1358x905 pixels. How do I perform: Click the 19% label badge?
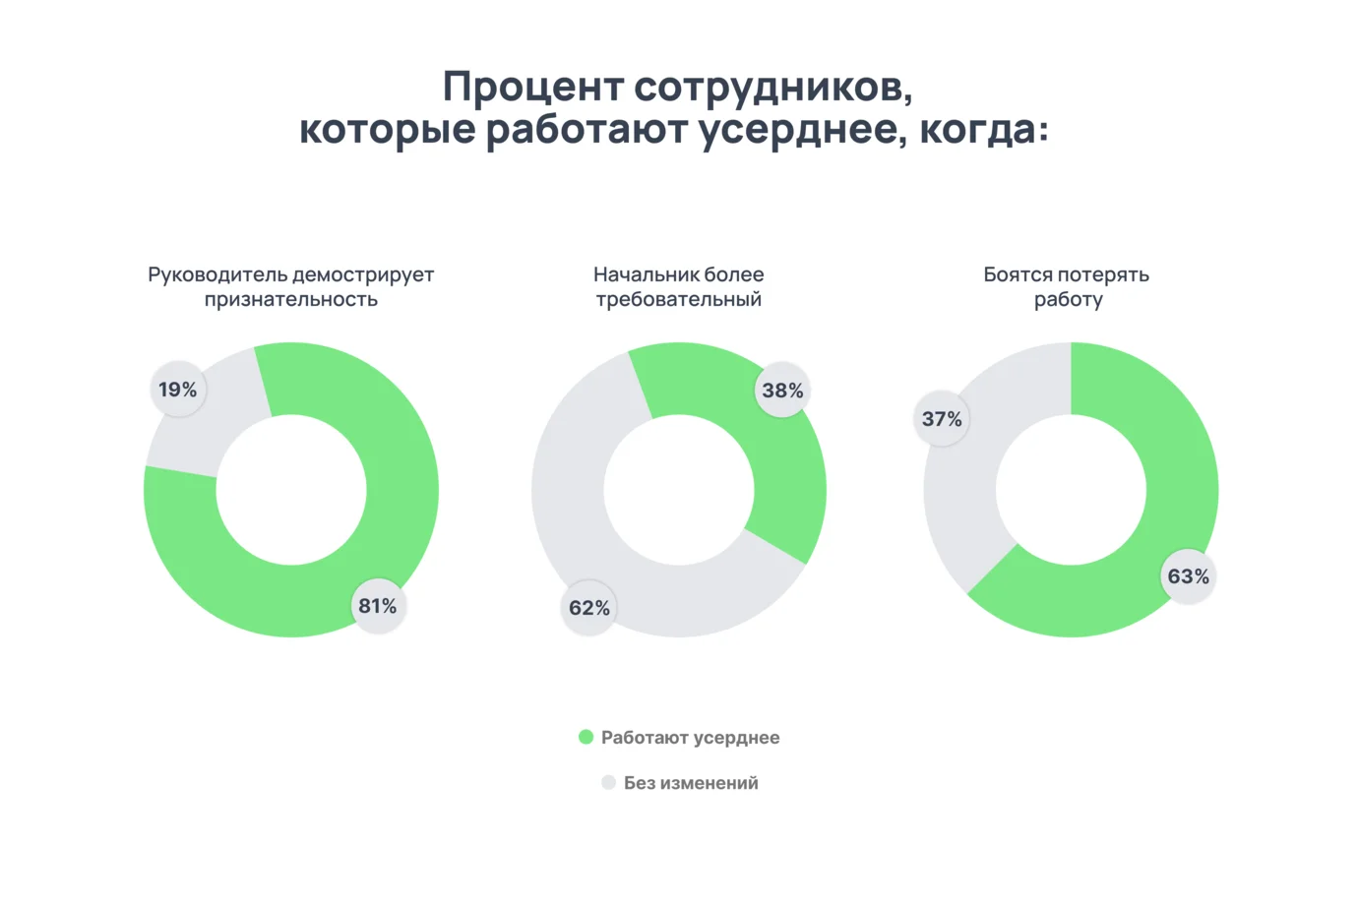[x=178, y=390]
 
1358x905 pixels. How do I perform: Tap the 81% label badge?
[x=378, y=606]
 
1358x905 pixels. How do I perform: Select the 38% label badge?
[x=782, y=391]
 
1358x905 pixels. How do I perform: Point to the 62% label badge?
[x=589, y=608]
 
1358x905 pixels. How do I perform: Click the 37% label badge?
[x=942, y=419]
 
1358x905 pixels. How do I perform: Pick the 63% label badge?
[x=1188, y=576]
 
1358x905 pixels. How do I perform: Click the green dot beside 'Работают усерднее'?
[x=586, y=737]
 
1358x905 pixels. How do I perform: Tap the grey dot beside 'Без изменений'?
[x=608, y=782]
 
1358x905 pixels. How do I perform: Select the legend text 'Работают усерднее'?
[x=690, y=738]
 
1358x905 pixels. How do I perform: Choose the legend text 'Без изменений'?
[x=691, y=783]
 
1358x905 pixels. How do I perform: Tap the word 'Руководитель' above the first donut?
[x=217, y=274]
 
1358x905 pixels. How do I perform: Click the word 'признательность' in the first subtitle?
[x=291, y=299]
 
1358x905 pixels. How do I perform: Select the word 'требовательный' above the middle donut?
[x=678, y=299]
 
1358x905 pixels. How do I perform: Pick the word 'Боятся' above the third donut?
[x=1016, y=274]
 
